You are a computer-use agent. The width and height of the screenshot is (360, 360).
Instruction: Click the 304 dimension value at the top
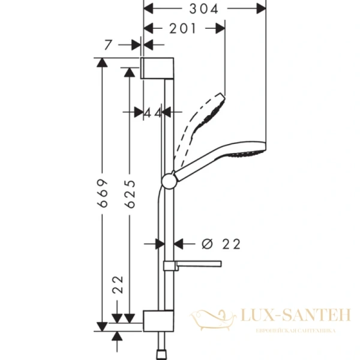(x=205, y=8)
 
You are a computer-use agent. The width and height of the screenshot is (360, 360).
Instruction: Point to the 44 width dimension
(x=153, y=112)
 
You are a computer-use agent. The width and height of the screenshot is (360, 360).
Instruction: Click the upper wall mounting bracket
(x=158, y=68)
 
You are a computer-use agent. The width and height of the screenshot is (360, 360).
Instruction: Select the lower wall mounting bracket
(x=158, y=320)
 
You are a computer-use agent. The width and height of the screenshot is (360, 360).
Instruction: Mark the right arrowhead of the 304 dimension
(x=260, y=8)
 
